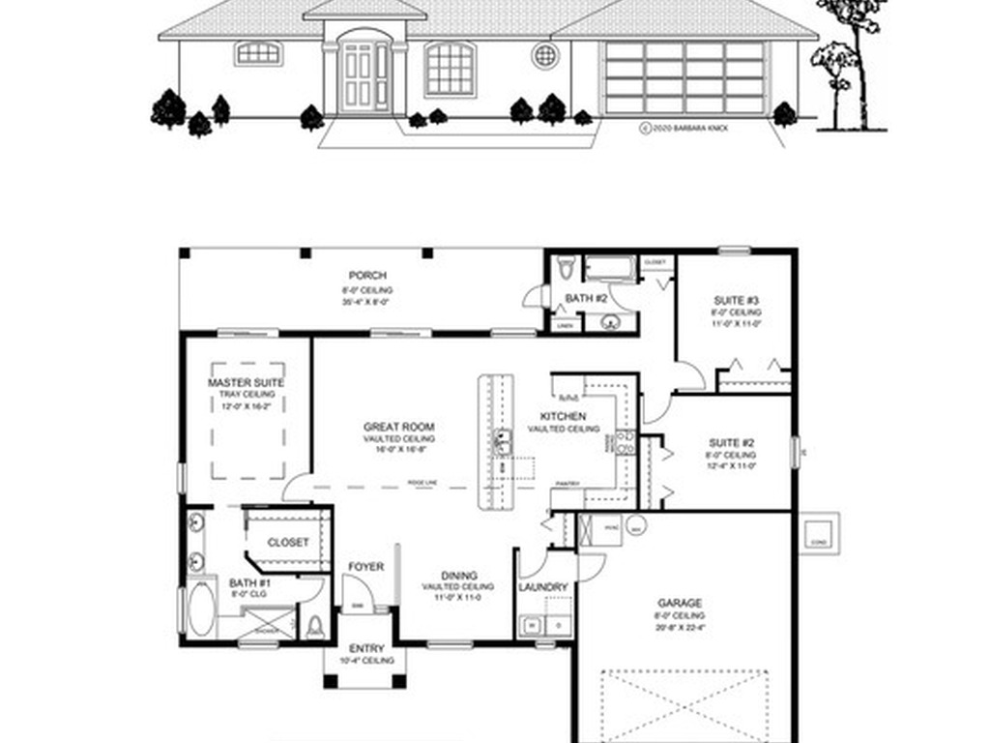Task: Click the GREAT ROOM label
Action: click(x=398, y=427)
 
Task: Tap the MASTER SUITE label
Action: click(x=246, y=383)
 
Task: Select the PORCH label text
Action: click(x=367, y=276)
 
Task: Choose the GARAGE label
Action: click(x=681, y=603)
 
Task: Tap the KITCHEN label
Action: click(x=564, y=416)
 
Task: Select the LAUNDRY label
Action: click(x=542, y=587)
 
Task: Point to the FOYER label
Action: click(x=366, y=567)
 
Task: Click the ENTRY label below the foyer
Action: click(x=366, y=648)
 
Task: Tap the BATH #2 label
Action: click(x=586, y=298)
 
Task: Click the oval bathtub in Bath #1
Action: click(x=198, y=606)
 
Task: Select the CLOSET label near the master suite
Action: click(x=288, y=543)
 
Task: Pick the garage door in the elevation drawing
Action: click(x=684, y=77)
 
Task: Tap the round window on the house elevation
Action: click(x=545, y=55)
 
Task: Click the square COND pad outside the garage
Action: click(x=818, y=531)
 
